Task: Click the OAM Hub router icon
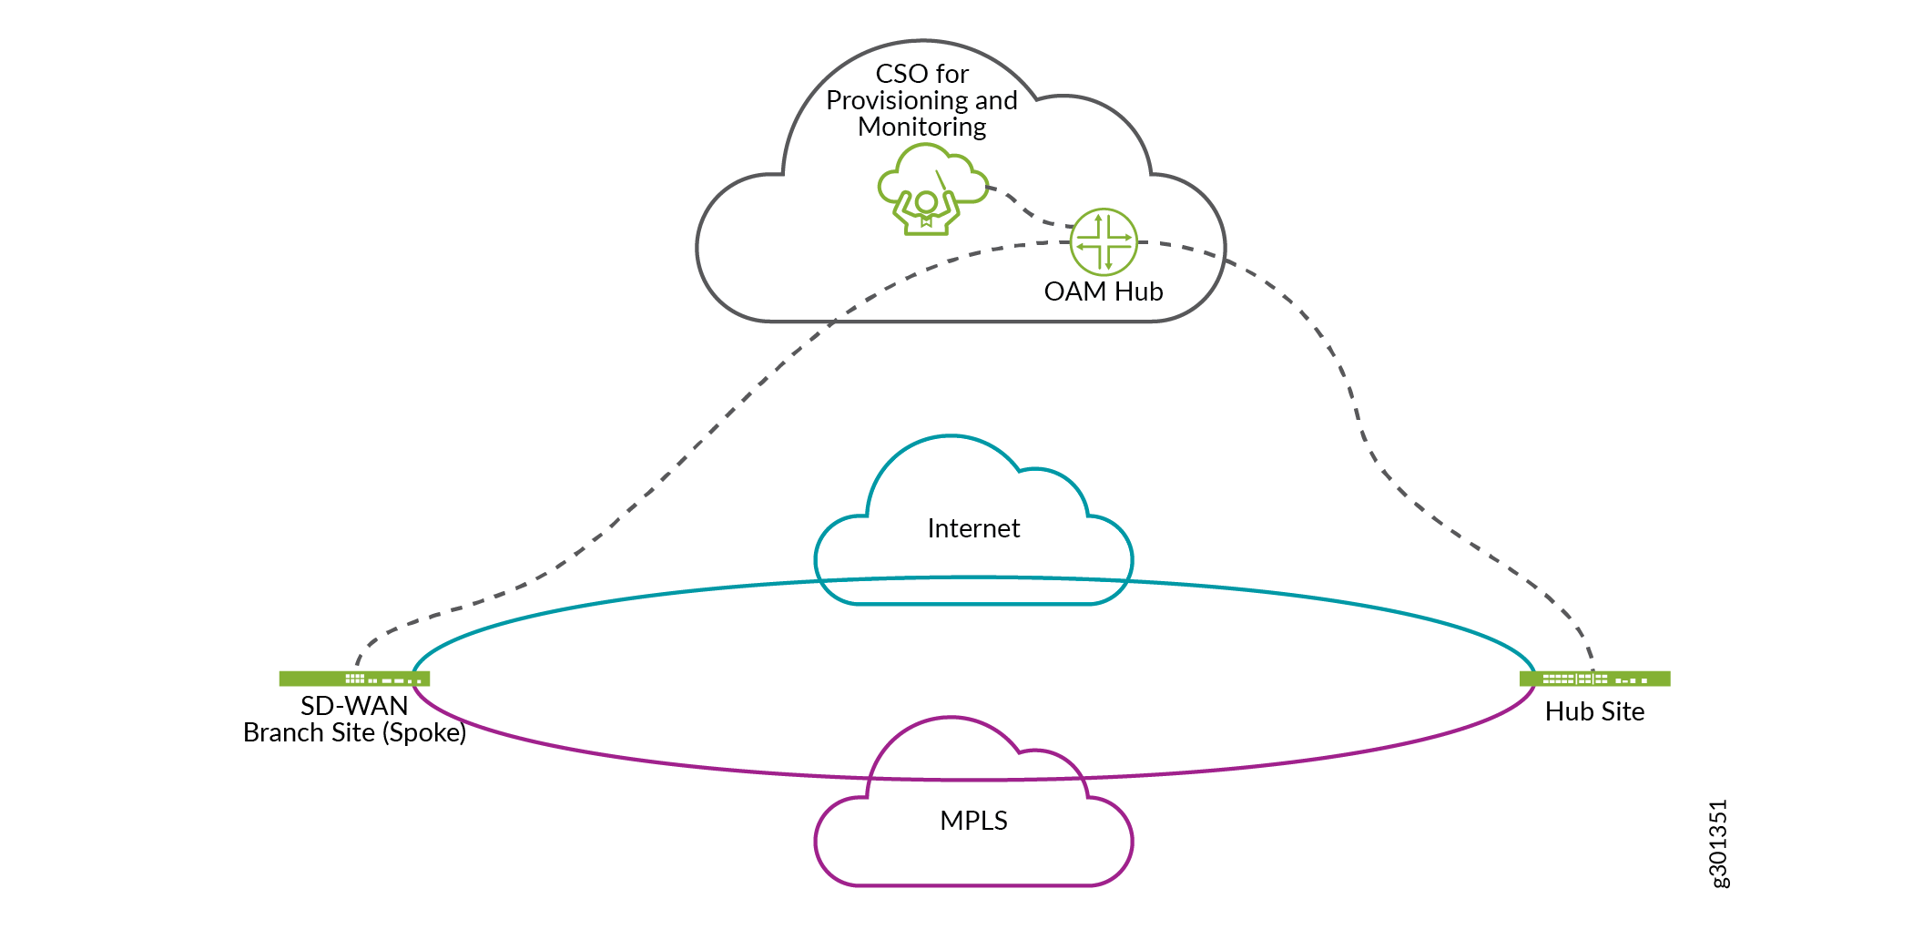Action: pos(1103,241)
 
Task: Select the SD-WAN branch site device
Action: pos(354,679)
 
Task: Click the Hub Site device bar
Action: pos(1594,679)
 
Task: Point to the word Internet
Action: pos(973,528)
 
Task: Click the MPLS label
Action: pos(973,821)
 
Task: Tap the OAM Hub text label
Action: pos(1103,291)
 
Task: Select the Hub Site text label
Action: pos(1594,711)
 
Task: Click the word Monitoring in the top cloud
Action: pos(921,127)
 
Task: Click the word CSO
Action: pos(901,74)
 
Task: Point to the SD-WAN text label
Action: pos(354,706)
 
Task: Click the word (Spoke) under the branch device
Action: pos(424,732)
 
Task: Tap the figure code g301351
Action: pos(1717,843)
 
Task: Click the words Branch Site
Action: pos(309,732)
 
